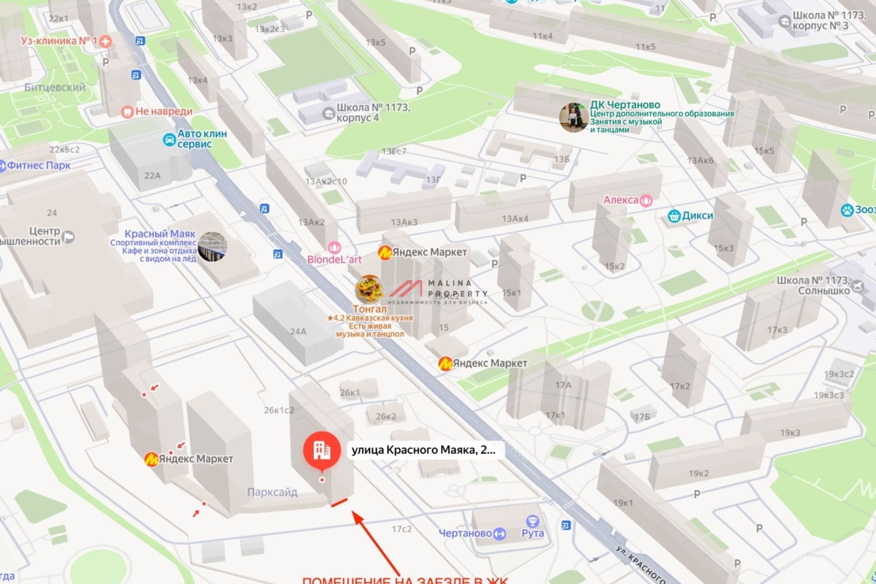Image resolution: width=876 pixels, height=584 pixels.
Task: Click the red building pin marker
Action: [322, 450]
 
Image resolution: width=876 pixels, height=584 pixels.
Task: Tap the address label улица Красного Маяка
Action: [423, 450]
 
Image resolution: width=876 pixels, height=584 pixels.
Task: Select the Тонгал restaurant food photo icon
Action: [369, 289]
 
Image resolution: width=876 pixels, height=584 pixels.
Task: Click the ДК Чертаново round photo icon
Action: [574, 118]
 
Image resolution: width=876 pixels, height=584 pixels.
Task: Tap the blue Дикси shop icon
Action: [674, 216]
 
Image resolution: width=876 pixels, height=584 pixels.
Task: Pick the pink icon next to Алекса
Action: [645, 200]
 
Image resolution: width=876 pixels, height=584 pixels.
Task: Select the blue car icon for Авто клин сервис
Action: [169, 139]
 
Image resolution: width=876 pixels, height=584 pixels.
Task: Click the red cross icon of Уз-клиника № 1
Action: [106, 41]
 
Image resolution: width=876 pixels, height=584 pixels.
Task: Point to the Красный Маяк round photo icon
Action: [212, 247]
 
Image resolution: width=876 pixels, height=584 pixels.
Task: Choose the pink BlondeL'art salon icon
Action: [334, 247]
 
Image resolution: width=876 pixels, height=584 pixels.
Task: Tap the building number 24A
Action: [298, 331]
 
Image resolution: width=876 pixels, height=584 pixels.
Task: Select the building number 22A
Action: [153, 175]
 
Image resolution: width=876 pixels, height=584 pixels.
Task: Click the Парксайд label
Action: [272, 492]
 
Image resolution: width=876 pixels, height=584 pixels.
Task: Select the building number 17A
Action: [563, 385]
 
